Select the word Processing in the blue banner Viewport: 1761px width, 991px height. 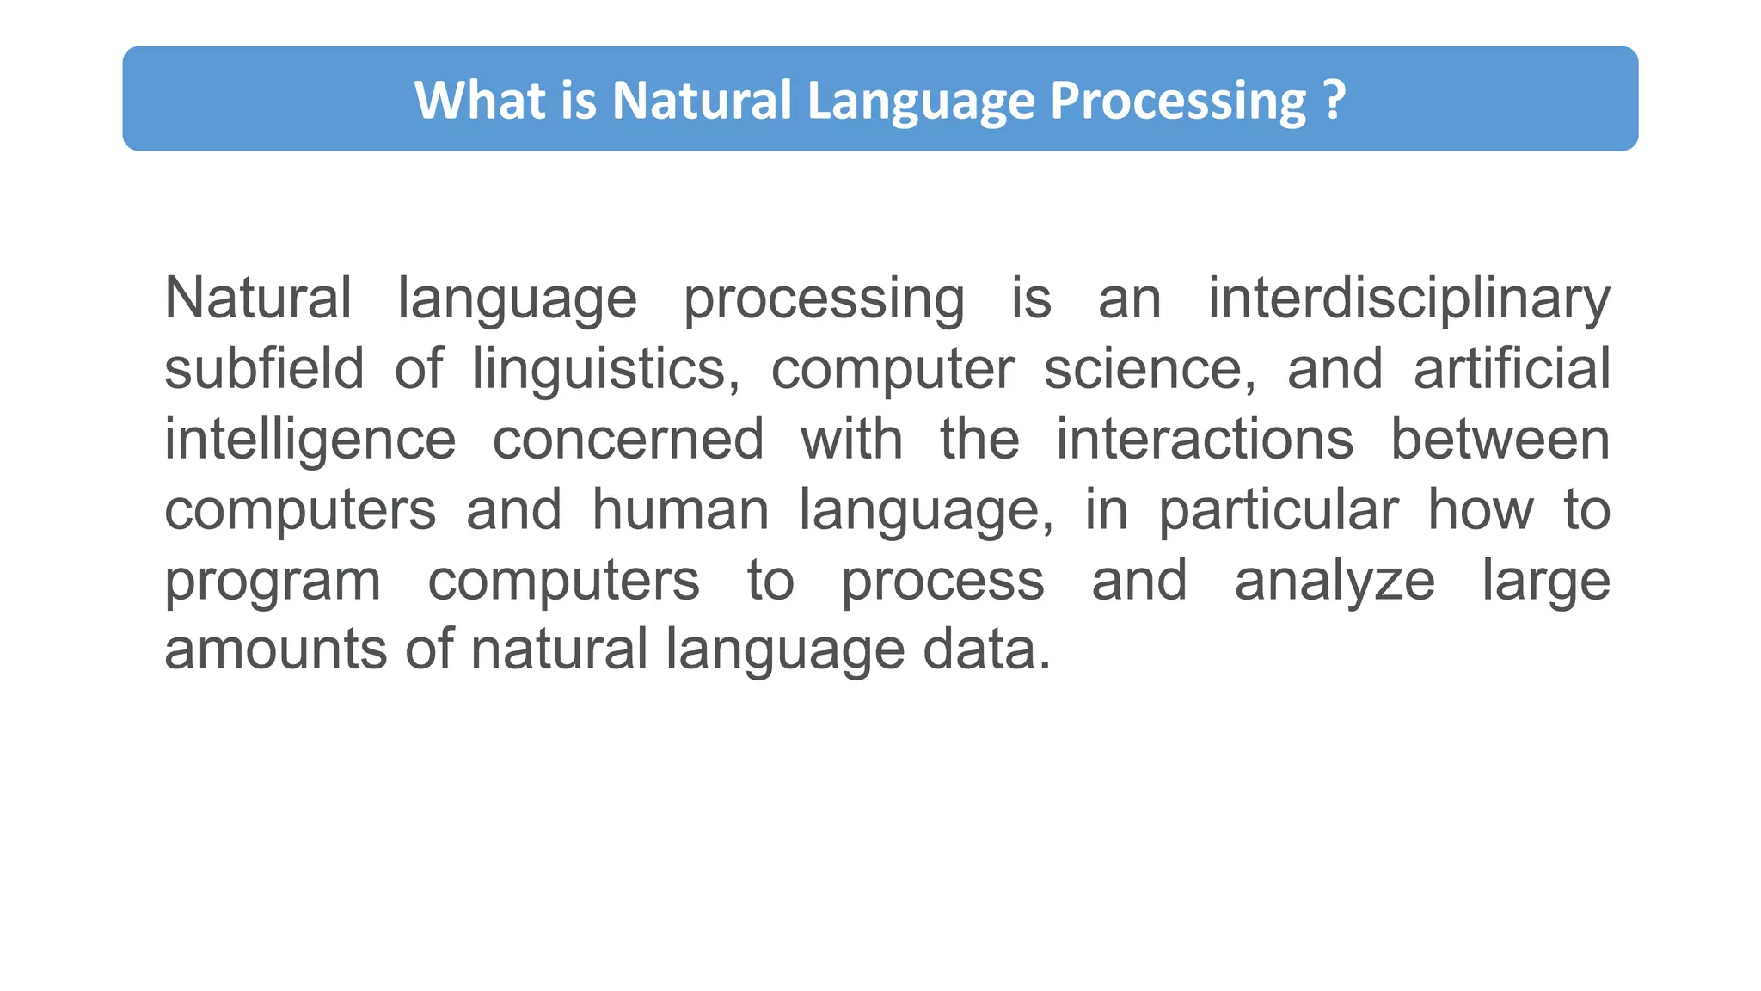click(1177, 100)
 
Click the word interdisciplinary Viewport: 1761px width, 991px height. click(1408, 299)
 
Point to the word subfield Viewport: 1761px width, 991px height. click(264, 369)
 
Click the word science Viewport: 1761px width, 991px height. click(1149, 369)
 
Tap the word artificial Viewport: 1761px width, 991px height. click(1512, 369)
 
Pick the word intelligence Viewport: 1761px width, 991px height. click(310, 440)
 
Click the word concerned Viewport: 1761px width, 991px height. click(628, 440)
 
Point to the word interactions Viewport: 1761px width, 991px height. click(1205, 440)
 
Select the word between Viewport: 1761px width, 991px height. click(1500, 440)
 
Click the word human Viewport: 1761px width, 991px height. click(680, 510)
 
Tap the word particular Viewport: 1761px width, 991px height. click(1279, 510)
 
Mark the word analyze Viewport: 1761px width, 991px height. click(1335, 581)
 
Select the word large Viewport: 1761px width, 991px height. click(1545, 581)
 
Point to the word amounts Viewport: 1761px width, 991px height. click(275, 649)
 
